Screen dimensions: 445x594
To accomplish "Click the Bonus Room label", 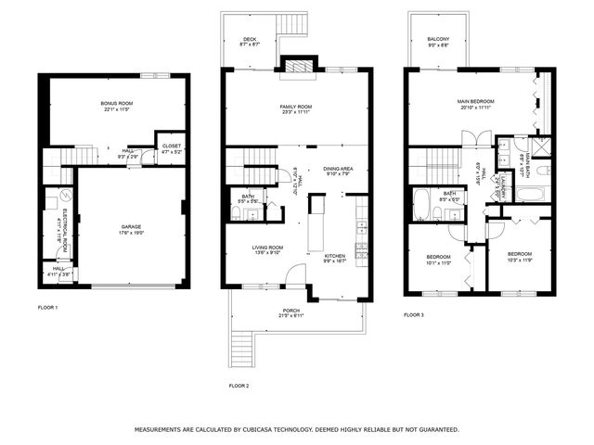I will tap(117, 103).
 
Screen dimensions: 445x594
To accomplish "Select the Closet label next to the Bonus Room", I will tap(172, 146).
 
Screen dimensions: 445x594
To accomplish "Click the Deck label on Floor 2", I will tap(250, 39).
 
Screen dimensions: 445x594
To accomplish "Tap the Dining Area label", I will tap(338, 168).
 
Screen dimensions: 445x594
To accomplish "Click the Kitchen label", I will tap(334, 256).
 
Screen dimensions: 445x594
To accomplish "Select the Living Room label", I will tap(267, 248).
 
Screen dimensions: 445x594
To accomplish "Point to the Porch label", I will tap(291, 311).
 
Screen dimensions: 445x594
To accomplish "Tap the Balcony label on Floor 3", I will tap(438, 39).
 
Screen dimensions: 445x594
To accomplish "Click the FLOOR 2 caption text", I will tap(239, 386).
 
